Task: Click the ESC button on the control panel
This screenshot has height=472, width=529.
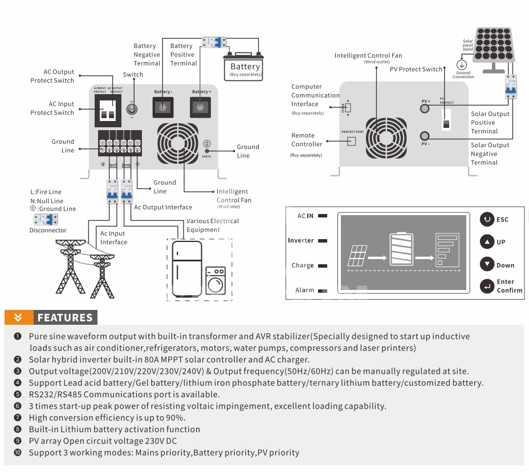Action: tap(487, 219)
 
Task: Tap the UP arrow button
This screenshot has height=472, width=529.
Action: tap(487, 241)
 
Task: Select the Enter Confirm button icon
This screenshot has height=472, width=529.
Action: tap(487, 286)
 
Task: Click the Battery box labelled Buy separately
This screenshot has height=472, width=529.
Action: tap(245, 69)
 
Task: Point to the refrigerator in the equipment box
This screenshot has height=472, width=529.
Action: tap(187, 269)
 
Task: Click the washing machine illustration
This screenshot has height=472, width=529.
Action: tap(215, 280)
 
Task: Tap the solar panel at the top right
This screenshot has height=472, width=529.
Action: tap(495, 45)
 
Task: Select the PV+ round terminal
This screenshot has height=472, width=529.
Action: tap(425, 108)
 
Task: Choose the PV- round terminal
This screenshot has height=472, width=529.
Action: tap(425, 136)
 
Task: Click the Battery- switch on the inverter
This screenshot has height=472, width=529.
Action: tap(164, 106)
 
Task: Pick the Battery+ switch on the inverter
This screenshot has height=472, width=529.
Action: tap(201, 106)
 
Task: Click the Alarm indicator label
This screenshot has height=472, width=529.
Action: tap(305, 291)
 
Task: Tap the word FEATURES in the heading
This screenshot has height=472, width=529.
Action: tap(65, 318)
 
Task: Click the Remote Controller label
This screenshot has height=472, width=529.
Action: tap(307, 140)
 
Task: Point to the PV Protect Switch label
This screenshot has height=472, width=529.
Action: tap(416, 70)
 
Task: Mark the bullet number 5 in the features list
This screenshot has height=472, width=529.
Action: tap(18, 394)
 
